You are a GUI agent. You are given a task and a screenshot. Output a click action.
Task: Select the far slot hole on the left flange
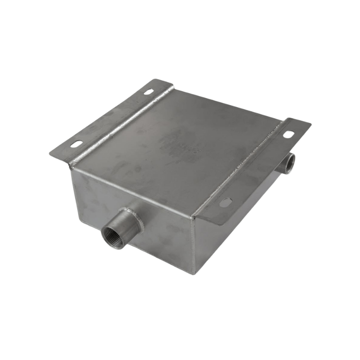pyautogui.click(x=148, y=92)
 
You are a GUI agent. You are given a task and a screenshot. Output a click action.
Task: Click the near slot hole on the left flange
pyautogui.click(x=76, y=144)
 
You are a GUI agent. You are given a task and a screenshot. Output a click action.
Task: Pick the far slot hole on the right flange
pyautogui.click(x=288, y=134)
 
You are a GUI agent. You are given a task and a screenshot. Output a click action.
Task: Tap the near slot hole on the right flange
pyautogui.click(x=225, y=202)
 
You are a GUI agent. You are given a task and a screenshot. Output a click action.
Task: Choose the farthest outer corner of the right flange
pyautogui.click(x=310, y=123)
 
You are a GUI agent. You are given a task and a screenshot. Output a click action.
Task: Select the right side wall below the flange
pyautogui.click(x=234, y=229)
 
